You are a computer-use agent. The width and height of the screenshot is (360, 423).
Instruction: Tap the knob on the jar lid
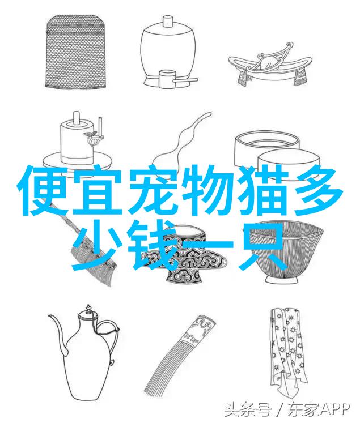(168, 21)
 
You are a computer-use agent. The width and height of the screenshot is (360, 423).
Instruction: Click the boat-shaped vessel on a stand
(270, 65)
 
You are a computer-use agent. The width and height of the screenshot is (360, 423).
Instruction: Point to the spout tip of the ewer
(50, 315)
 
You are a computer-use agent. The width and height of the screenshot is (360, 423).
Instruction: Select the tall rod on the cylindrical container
(100, 126)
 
